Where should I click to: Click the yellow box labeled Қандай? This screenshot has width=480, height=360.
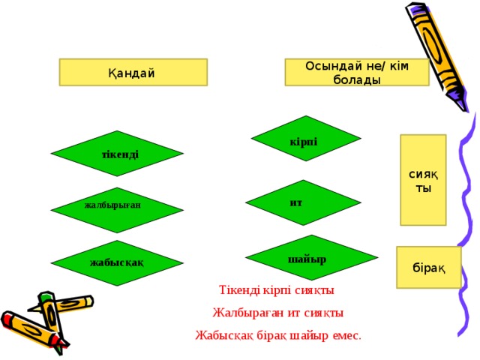[133, 72]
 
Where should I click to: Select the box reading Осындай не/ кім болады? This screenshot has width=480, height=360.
[357, 72]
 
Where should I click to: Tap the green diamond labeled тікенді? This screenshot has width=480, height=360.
[117, 153]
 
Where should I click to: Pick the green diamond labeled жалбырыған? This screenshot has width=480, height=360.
[117, 210]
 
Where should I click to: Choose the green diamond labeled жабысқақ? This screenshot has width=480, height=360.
[117, 263]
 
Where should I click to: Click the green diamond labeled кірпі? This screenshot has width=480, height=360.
[306, 138]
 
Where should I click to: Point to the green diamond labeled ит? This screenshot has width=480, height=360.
[303, 202]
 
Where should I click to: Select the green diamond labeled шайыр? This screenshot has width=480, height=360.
[312, 257]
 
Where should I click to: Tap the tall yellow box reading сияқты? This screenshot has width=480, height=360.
[423, 180]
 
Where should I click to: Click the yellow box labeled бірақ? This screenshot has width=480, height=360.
[428, 267]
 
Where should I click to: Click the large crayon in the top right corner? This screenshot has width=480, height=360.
[437, 57]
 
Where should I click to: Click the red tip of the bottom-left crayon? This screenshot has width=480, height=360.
[7, 318]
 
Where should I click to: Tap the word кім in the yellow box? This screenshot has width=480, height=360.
[399, 66]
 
